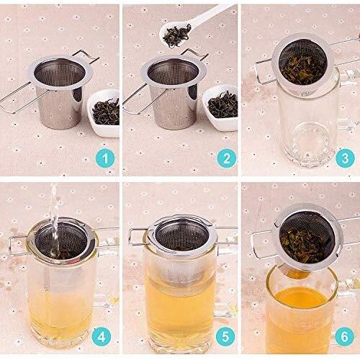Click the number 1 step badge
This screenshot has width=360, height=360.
coord(105,158)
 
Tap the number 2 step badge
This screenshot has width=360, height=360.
coord(227,158)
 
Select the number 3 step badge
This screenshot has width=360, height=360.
coord(345,158)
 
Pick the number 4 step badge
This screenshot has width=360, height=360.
coord(102,336)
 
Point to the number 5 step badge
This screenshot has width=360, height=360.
coord(225,336)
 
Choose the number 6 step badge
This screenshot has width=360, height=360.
coord(345,336)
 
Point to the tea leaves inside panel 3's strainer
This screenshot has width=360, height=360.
coord(304,69)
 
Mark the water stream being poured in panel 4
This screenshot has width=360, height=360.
coord(54,221)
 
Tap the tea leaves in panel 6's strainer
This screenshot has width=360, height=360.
coord(304,245)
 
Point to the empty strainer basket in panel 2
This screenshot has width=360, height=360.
coord(174,92)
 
